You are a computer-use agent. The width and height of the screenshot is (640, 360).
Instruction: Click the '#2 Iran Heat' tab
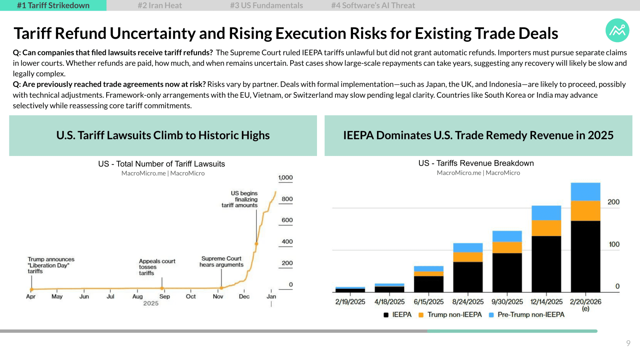click(x=160, y=5)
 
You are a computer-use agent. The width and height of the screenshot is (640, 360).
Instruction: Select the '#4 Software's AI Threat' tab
click(x=373, y=5)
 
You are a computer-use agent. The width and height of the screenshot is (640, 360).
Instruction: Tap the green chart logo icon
click(x=617, y=30)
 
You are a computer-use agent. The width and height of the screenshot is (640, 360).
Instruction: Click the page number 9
click(x=628, y=343)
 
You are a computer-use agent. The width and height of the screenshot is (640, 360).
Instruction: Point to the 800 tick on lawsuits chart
click(x=287, y=199)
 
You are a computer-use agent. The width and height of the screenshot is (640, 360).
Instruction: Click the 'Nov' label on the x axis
click(x=218, y=296)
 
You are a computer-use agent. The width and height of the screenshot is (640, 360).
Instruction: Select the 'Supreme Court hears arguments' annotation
click(x=221, y=262)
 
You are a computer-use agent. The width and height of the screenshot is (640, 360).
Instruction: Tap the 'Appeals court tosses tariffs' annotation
click(x=157, y=267)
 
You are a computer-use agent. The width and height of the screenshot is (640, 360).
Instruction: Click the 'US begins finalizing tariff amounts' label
click(x=240, y=199)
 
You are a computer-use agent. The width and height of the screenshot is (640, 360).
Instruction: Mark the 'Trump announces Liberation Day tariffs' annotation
click(x=51, y=265)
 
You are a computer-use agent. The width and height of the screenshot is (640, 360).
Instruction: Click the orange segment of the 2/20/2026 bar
click(x=585, y=211)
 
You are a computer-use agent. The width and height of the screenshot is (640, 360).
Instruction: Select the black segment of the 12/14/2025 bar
click(x=546, y=264)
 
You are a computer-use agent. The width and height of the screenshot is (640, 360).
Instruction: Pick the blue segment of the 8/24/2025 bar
click(x=468, y=248)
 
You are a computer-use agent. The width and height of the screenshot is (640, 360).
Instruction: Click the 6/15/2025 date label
click(x=429, y=302)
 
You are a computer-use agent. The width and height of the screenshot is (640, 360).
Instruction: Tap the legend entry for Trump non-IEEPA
click(x=450, y=315)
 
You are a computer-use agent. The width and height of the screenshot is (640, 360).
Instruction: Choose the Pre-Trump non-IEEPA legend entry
click(x=527, y=315)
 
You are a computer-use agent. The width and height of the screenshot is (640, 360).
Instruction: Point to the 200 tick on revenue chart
click(x=613, y=202)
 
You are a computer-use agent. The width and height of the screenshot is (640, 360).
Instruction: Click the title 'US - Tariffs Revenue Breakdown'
click(x=476, y=163)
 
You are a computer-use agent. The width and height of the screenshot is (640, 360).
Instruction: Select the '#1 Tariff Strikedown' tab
click(x=53, y=5)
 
